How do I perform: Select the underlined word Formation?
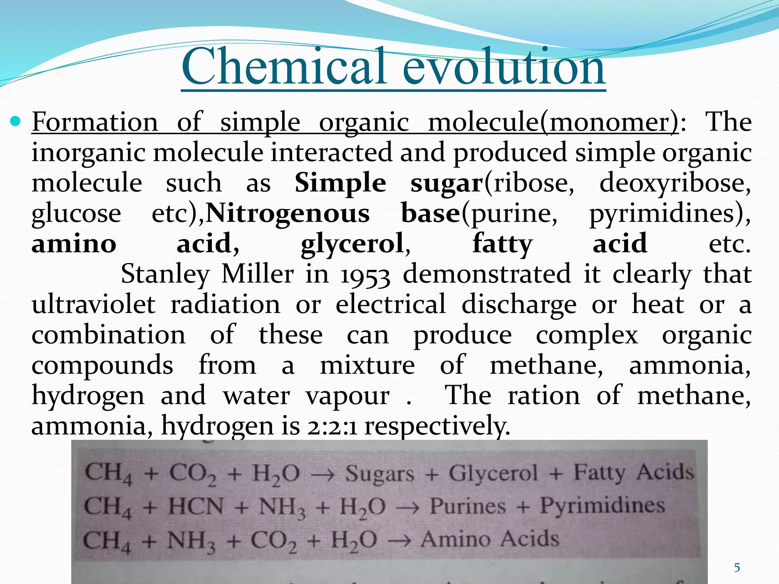[95, 122]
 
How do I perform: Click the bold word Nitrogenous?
[288, 213]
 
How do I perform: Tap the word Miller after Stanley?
[258, 274]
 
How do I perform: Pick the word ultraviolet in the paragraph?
[94, 305]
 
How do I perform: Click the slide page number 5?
[737, 568]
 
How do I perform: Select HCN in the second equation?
[196, 507]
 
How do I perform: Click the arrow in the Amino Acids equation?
[399, 540]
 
